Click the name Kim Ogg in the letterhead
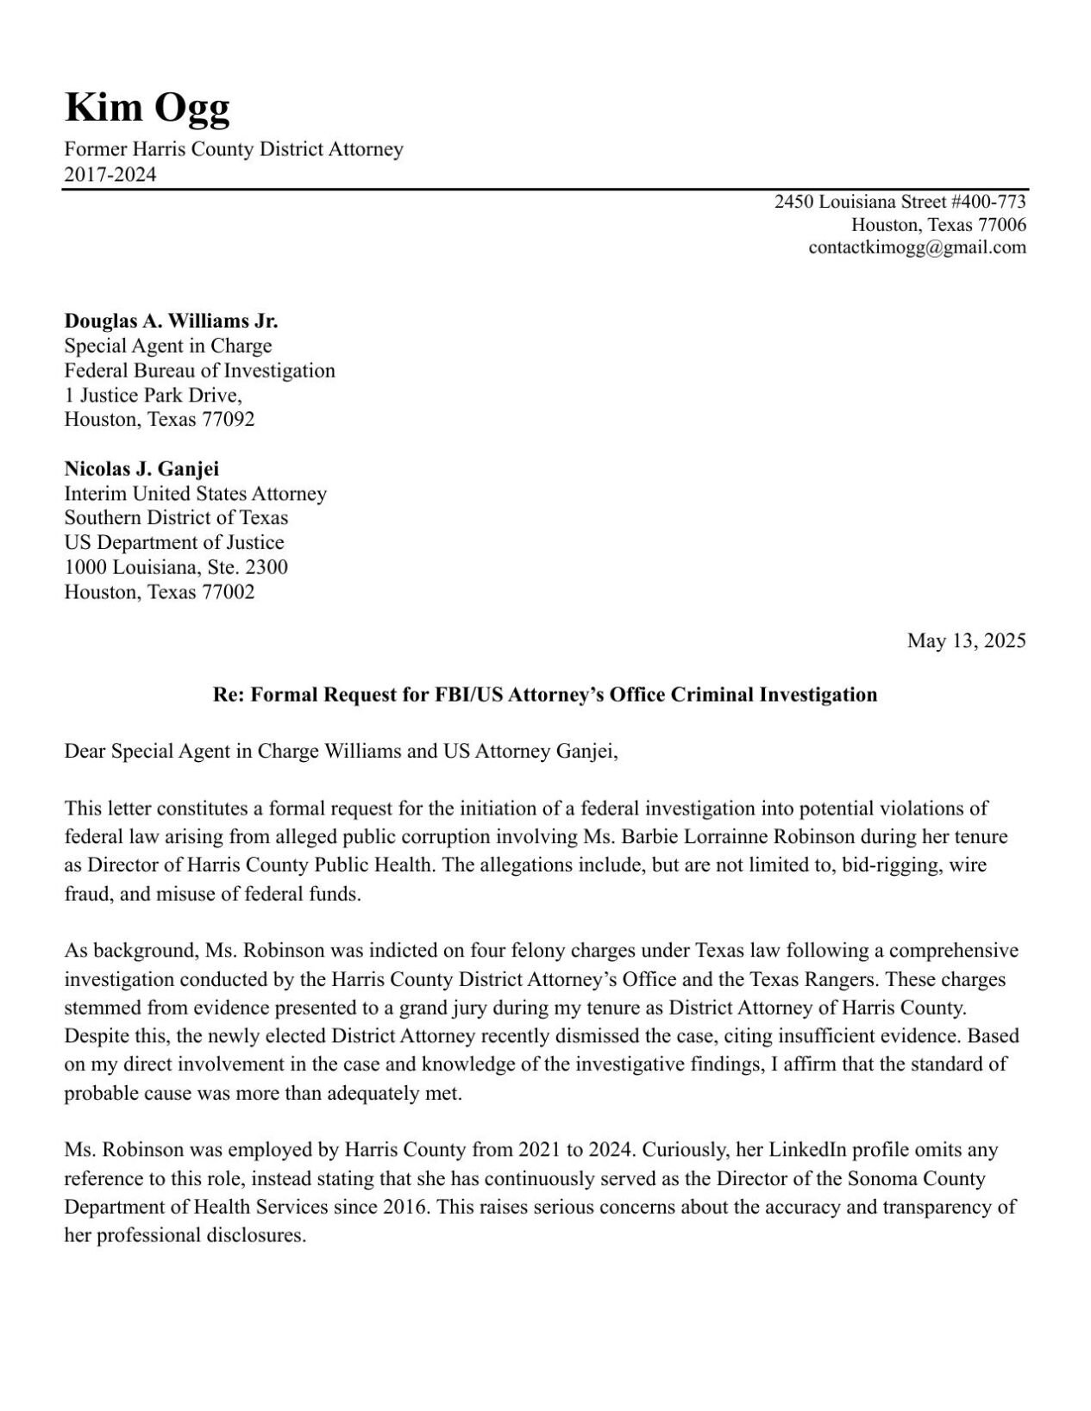tap(147, 109)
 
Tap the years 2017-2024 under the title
tap(110, 175)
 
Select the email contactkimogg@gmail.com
tap(917, 247)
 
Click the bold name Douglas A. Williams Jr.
tap(171, 322)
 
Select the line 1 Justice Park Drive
tap(153, 396)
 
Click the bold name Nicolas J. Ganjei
tap(141, 469)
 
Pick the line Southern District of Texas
tap(176, 518)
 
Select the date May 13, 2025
tap(966, 640)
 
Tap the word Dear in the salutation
tap(85, 752)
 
